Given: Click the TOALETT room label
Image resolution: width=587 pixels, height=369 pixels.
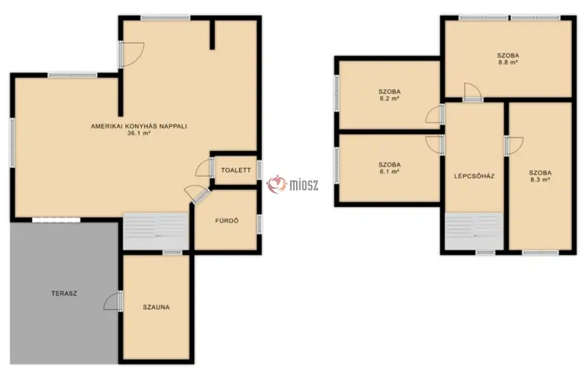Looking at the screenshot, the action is (x=236, y=170).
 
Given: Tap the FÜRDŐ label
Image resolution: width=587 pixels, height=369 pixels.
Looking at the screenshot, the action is (x=227, y=221).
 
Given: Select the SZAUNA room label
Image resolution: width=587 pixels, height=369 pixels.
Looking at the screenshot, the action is (x=156, y=307).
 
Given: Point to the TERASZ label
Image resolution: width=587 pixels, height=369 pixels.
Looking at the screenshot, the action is (x=64, y=293).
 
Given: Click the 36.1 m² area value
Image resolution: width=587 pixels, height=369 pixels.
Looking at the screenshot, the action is (x=139, y=133).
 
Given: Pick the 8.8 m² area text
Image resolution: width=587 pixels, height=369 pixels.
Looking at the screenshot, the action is (x=508, y=63).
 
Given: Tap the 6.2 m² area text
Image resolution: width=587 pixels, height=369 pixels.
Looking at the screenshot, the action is (x=389, y=99).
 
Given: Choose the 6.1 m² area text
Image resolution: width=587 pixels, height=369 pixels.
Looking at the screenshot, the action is (x=389, y=171).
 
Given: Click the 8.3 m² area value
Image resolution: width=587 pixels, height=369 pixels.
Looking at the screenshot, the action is (x=540, y=180).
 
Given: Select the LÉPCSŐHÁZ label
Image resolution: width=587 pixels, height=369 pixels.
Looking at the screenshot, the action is (x=474, y=176).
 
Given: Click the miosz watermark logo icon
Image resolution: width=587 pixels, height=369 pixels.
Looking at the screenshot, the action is (x=276, y=184).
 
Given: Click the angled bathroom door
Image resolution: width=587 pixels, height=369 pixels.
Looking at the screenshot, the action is (x=201, y=197).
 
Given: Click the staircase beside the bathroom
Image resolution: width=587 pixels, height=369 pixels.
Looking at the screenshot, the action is (x=156, y=231).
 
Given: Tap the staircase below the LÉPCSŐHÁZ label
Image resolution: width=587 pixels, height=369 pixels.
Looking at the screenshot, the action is (x=474, y=231).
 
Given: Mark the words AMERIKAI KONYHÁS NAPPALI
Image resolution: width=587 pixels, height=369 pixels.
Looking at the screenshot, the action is (x=139, y=126).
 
